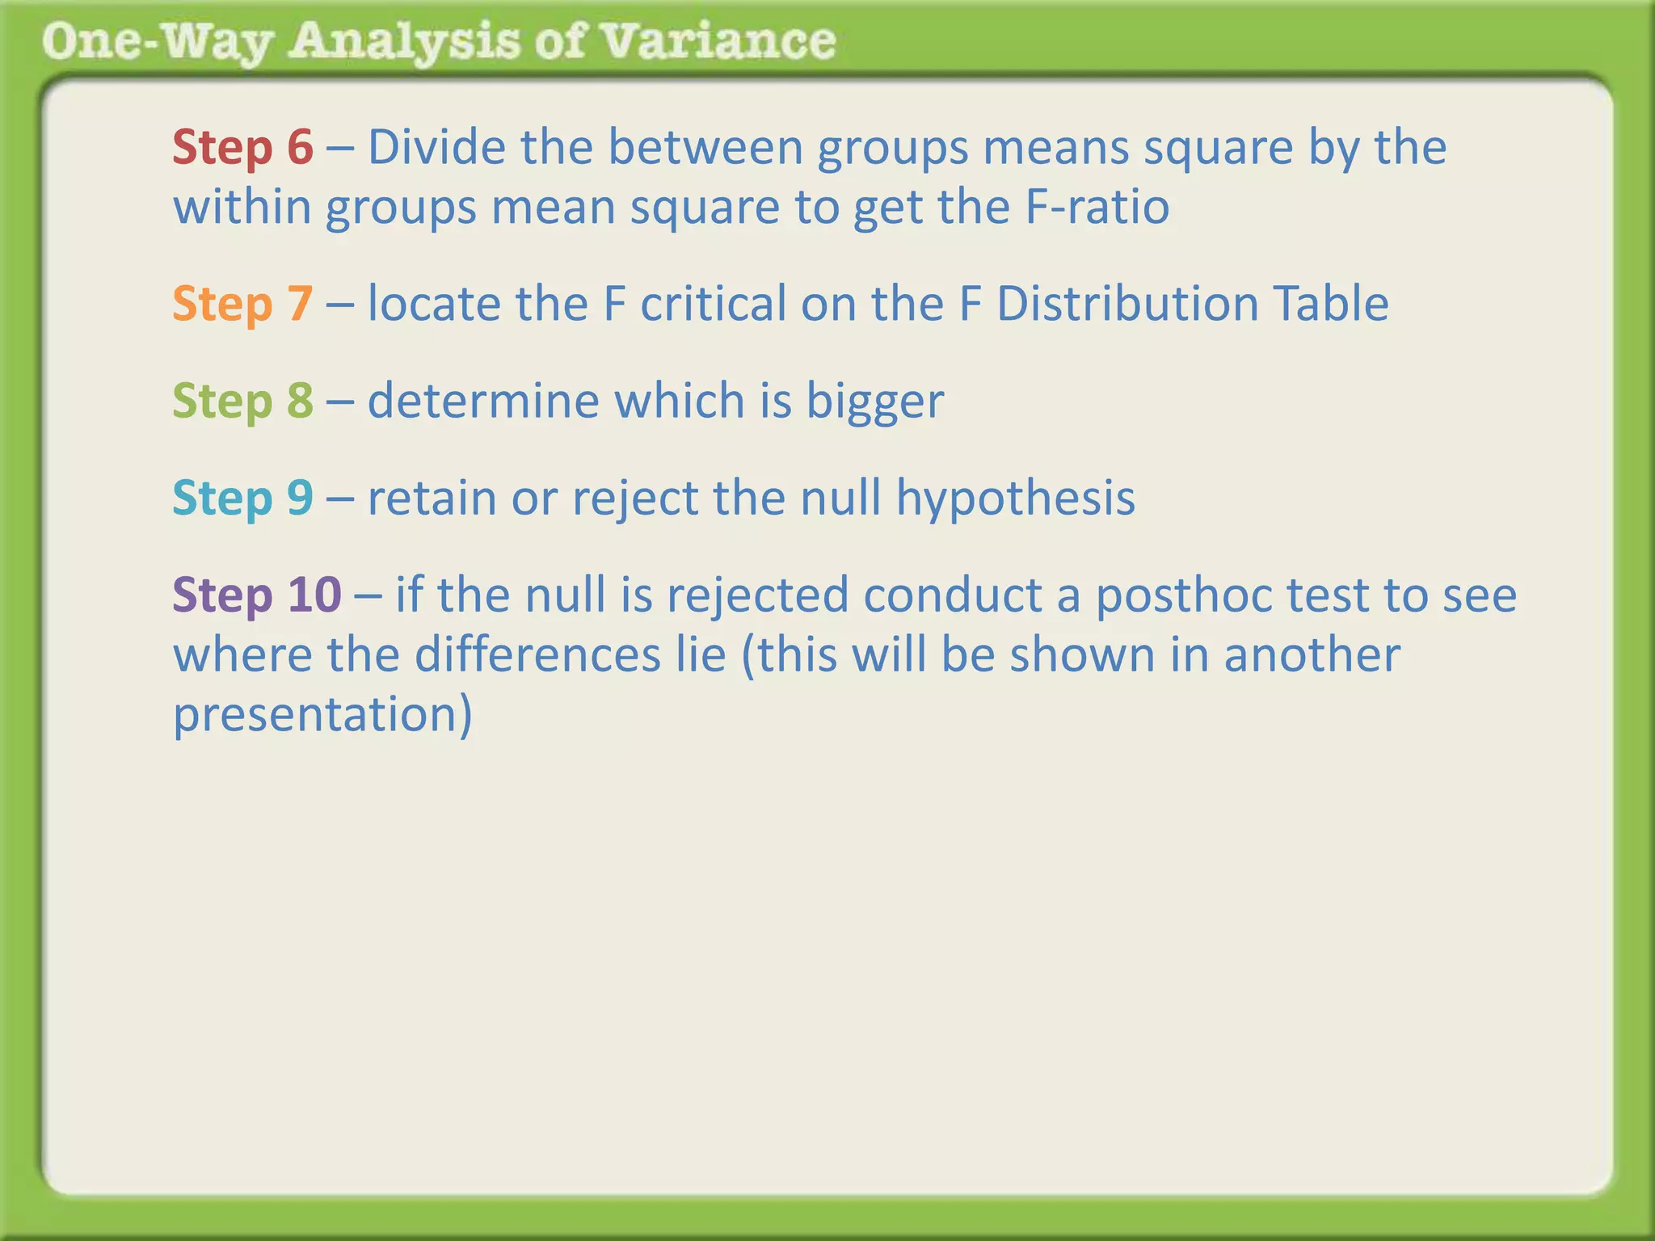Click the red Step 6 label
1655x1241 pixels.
pyautogui.click(x=242, y=147)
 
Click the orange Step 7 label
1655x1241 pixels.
pyautogui.click(x=242, y=304)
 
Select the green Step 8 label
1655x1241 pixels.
pyautogui.click(x=242, y=401)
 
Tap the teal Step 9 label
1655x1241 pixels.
pyautogui.click(x=242, y=498)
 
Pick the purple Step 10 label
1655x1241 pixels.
pyautogui.click(x=257, y=595)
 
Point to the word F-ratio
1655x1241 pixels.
pyautogui.click(x=1097, y=207)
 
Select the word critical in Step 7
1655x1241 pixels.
pyautogui.click(x=713, y=304)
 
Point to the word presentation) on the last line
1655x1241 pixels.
pyautogui.click(x=322, y=716)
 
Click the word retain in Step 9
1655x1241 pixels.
pyautogui.click(x=432, y=498)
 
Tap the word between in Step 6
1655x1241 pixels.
pyautogui.click(x=705, y=147)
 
